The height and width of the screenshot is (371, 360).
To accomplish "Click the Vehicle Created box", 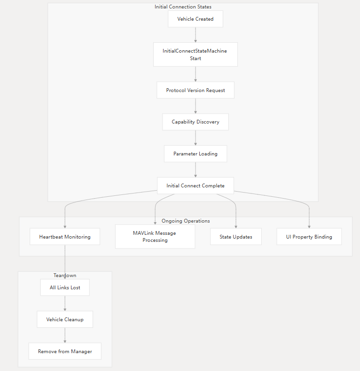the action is pos(195,19).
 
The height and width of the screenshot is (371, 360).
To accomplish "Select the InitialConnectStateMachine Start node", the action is pos(195,54).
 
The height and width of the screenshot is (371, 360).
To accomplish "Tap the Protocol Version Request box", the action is pos(195,90).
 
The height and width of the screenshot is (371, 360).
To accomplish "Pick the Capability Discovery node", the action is pos(195,122).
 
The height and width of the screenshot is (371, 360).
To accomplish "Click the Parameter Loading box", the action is pos(195,154).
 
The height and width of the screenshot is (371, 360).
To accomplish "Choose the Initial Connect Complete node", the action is pos(195,185).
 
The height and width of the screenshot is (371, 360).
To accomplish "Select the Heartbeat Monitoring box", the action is pos(65,237).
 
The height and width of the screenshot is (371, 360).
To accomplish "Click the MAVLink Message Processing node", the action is pos(155,236).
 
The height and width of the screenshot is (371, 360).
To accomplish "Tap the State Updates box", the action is pos(235,237).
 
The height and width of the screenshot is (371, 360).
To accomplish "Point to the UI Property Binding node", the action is pos(309,237).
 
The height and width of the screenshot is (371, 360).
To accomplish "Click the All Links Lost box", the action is pos(65,287).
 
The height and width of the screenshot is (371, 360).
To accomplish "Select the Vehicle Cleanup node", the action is pos(65,319).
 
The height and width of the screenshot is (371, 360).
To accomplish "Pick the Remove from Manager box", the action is pos(65,351).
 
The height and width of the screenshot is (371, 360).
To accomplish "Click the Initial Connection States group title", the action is pos(183,7).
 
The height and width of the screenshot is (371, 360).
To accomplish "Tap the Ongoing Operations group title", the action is pos(186,221).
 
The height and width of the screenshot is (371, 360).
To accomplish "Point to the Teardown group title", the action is pos(65,275).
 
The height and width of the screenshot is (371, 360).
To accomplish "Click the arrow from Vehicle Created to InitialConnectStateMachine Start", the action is pos(196,35).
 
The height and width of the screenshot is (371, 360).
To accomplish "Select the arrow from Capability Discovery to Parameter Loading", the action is pos(196,138).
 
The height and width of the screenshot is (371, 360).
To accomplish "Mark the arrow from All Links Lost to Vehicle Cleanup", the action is pos(65,303).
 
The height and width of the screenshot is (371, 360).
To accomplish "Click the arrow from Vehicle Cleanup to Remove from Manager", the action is pos(65,335).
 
